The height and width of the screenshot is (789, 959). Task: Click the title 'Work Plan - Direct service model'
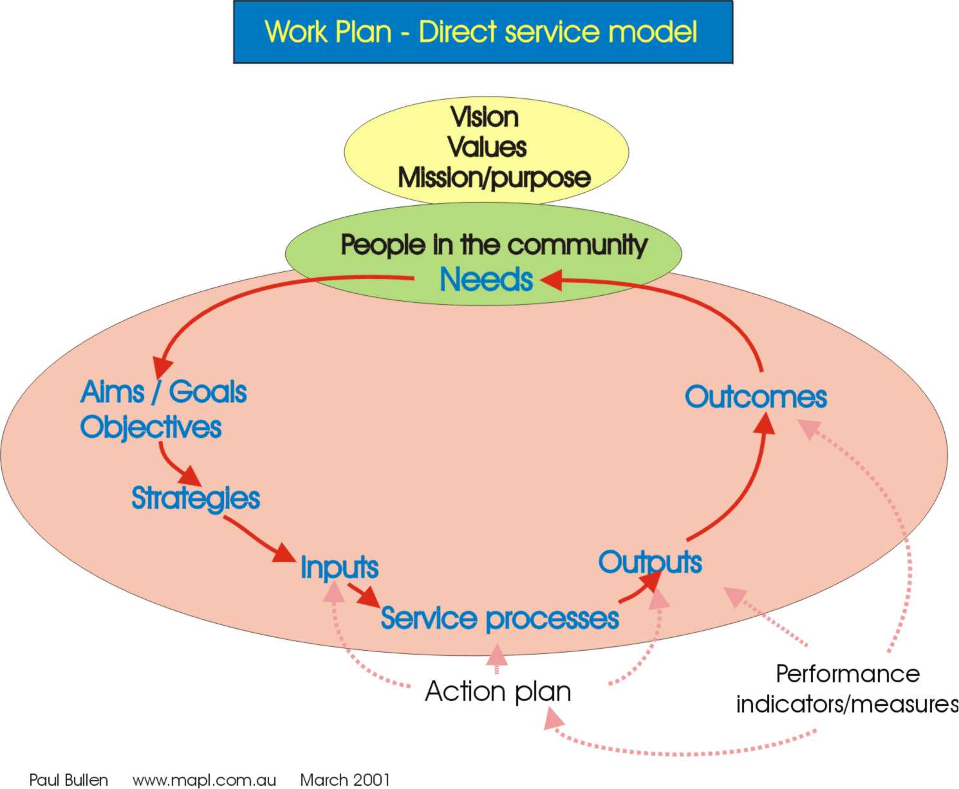tap(480, 32)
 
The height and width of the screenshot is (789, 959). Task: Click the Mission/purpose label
tap(494, 178)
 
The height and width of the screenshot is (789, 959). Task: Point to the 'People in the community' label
tap(494, 245)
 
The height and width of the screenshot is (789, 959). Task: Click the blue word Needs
tap(487, 279)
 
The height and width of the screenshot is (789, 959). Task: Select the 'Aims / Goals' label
tap(163, 392)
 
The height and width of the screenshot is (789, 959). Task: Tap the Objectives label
tap(151, 428)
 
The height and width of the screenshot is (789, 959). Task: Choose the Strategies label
tap(196, 498)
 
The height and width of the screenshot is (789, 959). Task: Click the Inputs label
tap(339, 568)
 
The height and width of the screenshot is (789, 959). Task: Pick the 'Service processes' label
tap(499, 619)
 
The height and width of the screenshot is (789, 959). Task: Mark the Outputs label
tap(650, 563)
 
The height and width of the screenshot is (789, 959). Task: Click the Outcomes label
tap(756, 397)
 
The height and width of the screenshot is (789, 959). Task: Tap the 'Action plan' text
tap(498, 692)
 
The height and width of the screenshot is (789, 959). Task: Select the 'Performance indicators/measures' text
tap(848, 689)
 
